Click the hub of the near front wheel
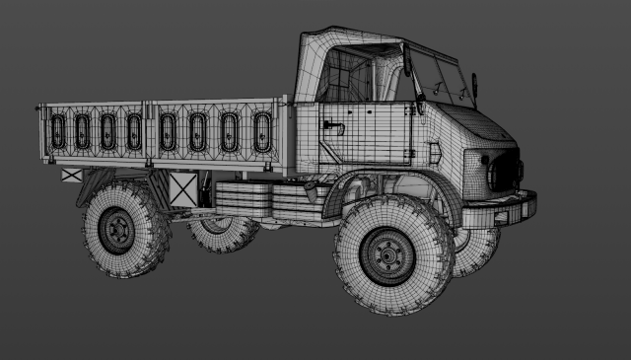tap(387, 257)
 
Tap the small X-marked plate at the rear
tap(72, 175)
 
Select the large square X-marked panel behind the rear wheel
tap(182, 188)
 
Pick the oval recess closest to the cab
tap(262, 131)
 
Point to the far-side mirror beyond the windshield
tap(475, 84)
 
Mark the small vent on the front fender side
tap(433, 153)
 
